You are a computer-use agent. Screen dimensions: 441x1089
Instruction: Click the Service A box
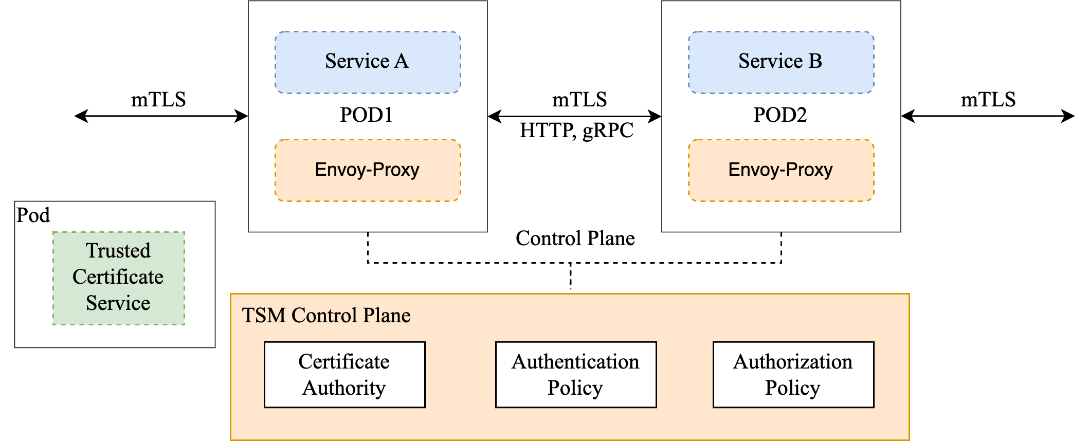[368, 62]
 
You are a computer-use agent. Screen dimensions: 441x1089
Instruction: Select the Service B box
[781, 62]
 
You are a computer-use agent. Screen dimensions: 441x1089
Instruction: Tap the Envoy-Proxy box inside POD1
[368, 170]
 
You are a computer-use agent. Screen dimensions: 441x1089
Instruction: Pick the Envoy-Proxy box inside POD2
[781, 170]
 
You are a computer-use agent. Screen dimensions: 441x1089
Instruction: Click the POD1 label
[367, 115]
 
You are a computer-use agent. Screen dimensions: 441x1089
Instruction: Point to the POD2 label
[780, 115]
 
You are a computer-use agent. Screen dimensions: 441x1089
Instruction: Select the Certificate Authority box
[344, 375]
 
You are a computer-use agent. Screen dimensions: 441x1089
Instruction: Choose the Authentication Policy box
[576, 375]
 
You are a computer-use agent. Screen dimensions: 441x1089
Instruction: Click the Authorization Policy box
[793, 375]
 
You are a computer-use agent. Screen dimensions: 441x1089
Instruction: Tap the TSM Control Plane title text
[326, 315]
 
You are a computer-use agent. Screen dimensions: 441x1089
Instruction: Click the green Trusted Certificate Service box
[119, 278]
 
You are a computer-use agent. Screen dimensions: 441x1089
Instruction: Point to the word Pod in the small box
[33, 215]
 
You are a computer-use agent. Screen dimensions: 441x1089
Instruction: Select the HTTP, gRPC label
[576, 131]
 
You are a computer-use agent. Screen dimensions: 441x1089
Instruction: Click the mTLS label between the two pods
[579, 99]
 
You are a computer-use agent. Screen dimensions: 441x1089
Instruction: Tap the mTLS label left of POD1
[158, 99]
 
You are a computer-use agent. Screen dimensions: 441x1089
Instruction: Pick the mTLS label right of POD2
[988, 99]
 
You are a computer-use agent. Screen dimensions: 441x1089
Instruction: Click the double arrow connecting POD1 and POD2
[574, 116]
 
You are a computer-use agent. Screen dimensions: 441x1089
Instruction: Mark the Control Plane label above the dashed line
[575, 238]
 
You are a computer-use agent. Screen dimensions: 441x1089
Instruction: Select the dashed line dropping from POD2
[781, 248]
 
